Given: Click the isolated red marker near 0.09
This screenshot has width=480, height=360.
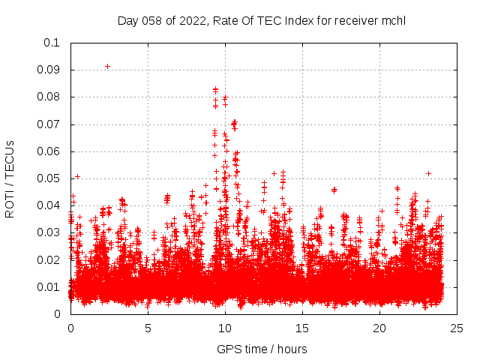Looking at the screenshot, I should tap(107, 66).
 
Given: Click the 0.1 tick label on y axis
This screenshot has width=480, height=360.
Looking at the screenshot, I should tap(52, 43).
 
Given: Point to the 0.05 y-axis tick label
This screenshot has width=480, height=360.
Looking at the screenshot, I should tap(49, 178).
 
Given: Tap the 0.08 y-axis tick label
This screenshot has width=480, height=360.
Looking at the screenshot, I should tap(49, 97).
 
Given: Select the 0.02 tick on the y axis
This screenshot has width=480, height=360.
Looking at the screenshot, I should tap(49, 259).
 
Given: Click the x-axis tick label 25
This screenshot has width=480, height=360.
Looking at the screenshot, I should tap(457, 328).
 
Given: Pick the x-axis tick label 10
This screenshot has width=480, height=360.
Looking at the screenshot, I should tap(225, 328).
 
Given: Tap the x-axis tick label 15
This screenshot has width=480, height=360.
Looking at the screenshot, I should tap(302, 328).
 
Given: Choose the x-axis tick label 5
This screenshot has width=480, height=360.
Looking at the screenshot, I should tap(148, 328).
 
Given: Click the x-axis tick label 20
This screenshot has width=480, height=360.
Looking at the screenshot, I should tap(379, 328).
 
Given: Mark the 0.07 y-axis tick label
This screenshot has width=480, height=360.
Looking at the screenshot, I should tap(49, 124).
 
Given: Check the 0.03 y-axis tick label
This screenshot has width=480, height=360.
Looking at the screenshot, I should tap(49, 232).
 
